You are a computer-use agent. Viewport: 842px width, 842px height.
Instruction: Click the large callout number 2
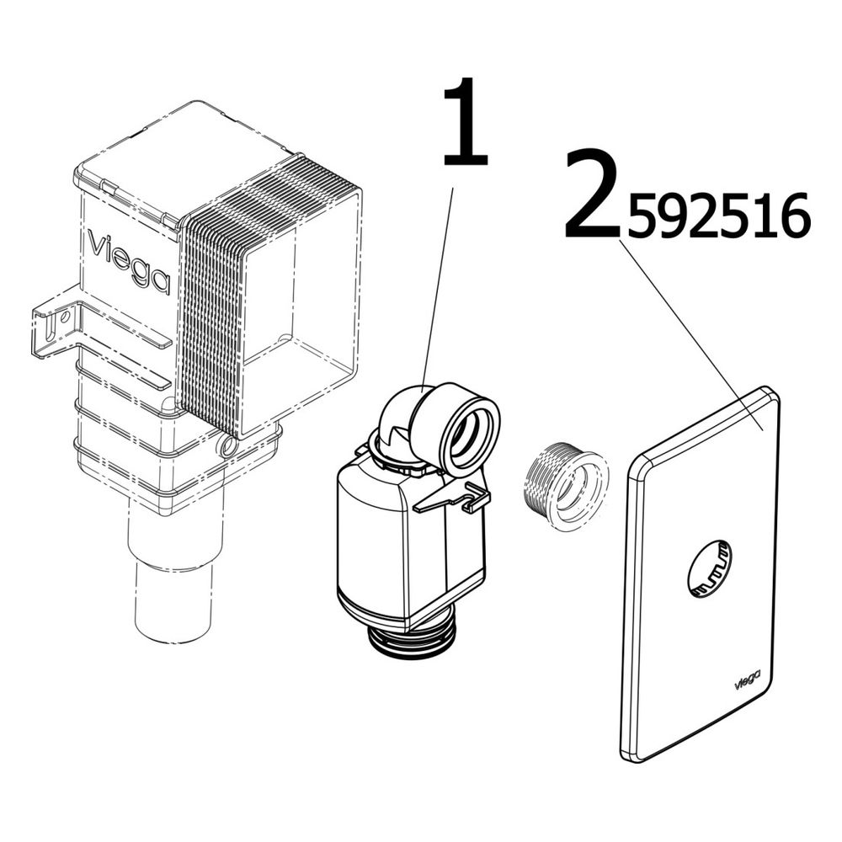593,194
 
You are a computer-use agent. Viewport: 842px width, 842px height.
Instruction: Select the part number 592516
718,216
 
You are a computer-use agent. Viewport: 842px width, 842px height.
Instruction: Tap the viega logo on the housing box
129,262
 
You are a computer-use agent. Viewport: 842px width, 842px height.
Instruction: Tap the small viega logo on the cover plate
747,679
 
